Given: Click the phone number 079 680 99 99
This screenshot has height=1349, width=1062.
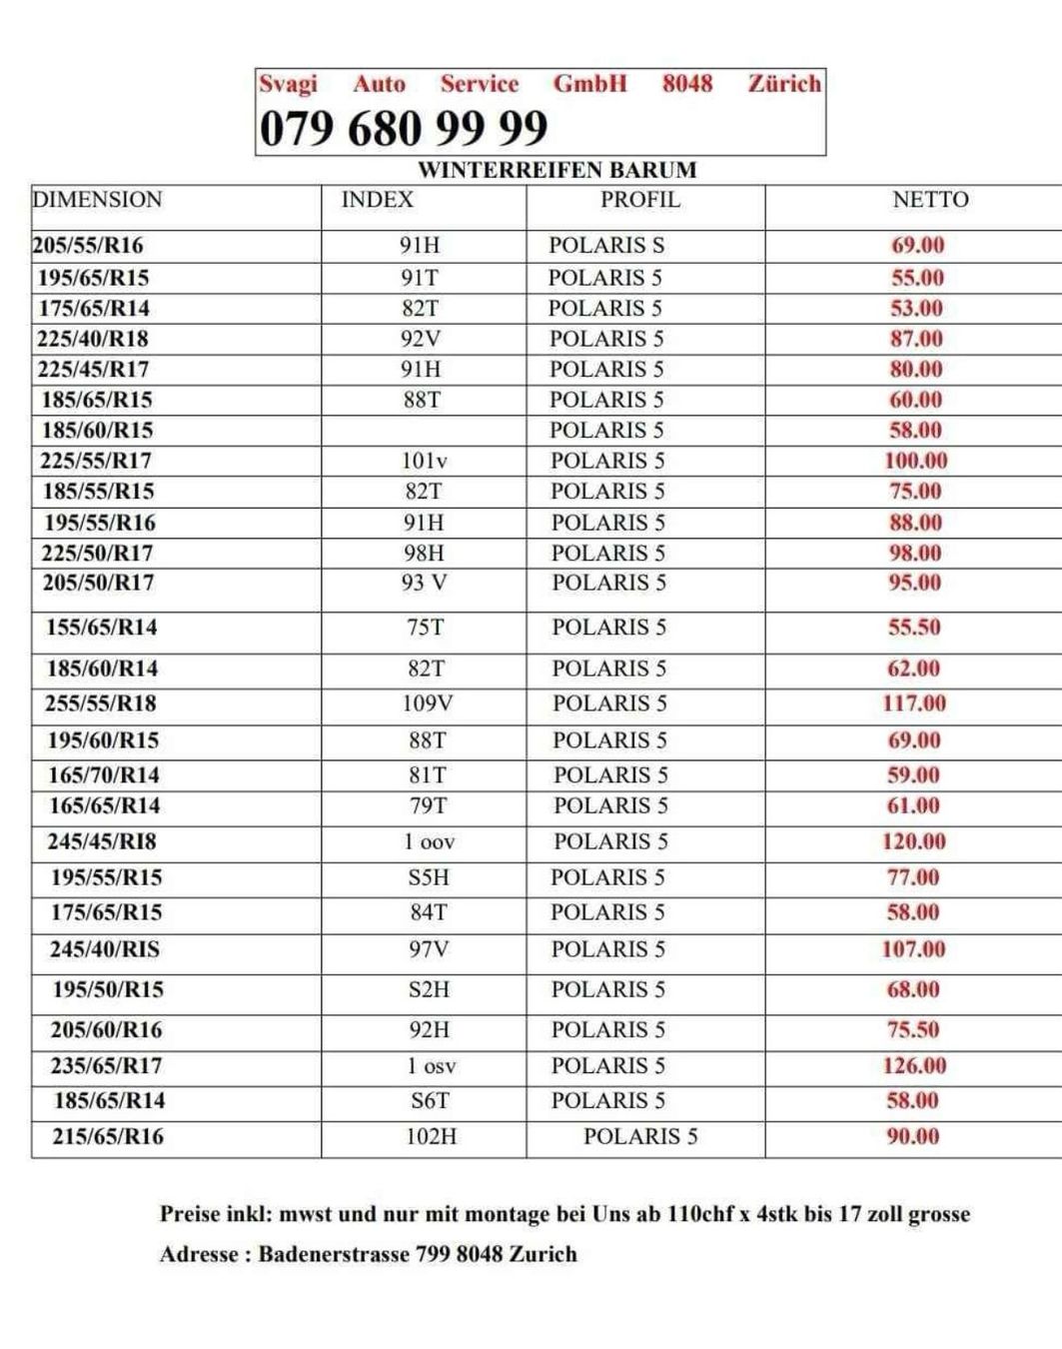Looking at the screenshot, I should [404, 129].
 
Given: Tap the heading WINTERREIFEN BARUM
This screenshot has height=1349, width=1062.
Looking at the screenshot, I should [556, 170].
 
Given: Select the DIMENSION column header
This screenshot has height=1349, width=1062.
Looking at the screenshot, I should [97, 200].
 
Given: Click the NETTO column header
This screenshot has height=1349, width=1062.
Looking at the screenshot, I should [930, 200].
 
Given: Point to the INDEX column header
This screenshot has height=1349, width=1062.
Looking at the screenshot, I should [377, 200].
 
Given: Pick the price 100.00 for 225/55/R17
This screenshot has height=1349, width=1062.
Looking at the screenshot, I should [915, 461].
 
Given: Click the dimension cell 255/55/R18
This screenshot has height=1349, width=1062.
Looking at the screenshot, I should [101, 703].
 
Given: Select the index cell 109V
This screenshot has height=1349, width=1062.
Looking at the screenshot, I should [427, 703].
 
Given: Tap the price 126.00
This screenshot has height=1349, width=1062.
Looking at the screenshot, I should [914, 1065].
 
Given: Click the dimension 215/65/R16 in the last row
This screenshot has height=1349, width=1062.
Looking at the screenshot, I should [108, 1136].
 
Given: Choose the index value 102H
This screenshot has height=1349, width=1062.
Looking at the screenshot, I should [431, 1136].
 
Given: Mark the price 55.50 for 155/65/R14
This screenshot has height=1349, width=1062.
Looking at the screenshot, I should [914, 628].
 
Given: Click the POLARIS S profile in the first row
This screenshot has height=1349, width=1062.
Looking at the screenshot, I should [606, 245].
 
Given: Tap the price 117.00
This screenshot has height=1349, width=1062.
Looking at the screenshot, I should [913, 703].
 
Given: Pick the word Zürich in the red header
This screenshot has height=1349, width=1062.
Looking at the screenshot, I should [784, 84].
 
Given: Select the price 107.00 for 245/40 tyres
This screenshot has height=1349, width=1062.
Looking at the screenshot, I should [913, 949].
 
